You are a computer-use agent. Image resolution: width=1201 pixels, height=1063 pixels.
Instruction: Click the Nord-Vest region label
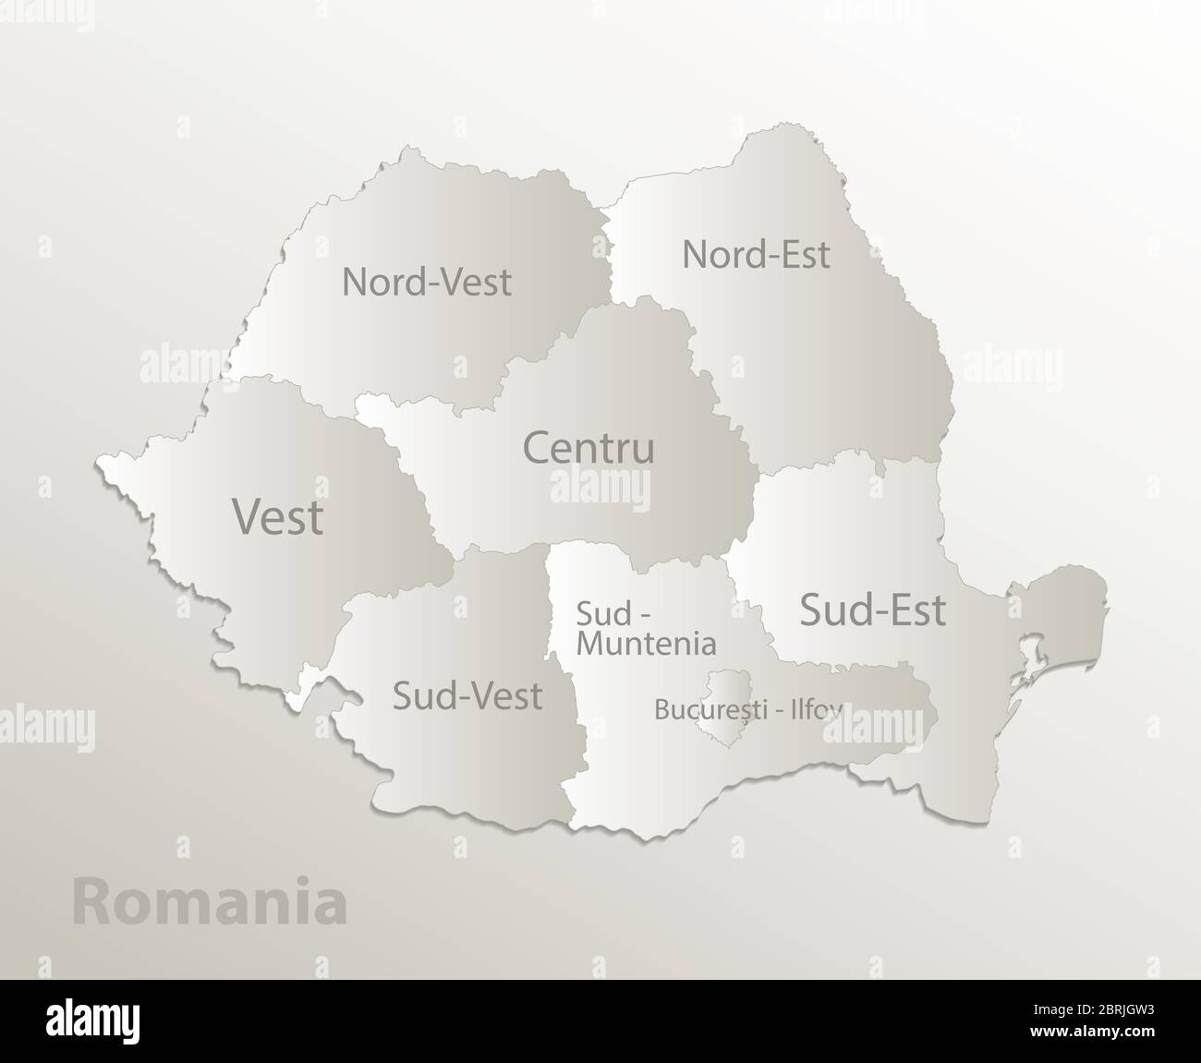coord(426,282)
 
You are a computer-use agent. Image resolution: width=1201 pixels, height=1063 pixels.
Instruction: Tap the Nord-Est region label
coord(756,254)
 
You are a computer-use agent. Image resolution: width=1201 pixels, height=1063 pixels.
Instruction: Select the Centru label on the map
coord(588,448)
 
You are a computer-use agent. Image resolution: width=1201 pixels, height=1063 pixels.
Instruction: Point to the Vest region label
coord(277,516)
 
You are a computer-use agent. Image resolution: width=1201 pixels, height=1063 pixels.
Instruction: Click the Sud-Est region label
coord(872,610)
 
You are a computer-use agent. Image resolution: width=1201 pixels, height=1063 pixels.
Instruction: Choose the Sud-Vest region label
coord(467,695)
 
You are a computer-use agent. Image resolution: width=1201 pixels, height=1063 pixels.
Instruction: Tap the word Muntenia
coord(646,643)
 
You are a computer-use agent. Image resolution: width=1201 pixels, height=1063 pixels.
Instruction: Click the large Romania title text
coord(210,902)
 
